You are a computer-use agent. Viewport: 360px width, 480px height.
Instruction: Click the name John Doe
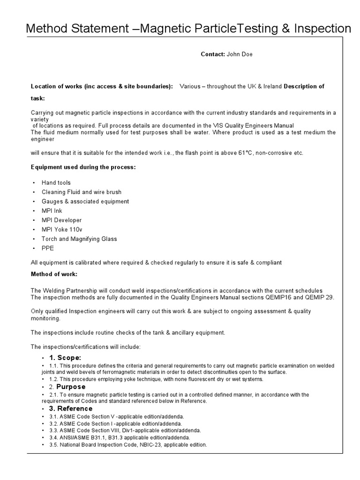[240, 54]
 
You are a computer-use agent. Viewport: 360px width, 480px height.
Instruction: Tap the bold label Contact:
[213, 54]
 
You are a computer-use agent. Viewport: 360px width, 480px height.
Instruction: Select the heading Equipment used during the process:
[83, 167]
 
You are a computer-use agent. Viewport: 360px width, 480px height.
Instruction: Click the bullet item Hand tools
[56, 183]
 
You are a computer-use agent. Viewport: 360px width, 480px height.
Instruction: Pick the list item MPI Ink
[52, 211]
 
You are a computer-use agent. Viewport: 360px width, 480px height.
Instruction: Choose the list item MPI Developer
[62, 220]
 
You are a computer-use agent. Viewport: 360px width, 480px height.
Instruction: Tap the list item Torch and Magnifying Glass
[79, 239]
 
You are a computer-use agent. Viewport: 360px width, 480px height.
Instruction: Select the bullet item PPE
[48, 248]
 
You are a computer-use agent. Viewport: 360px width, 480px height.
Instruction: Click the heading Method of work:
[54, 274]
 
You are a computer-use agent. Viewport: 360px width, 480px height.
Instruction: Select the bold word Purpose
[71, 387]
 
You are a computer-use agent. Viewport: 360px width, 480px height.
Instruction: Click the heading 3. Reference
[70, 409]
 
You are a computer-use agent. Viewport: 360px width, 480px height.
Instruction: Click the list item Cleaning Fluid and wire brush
[82, 192]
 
